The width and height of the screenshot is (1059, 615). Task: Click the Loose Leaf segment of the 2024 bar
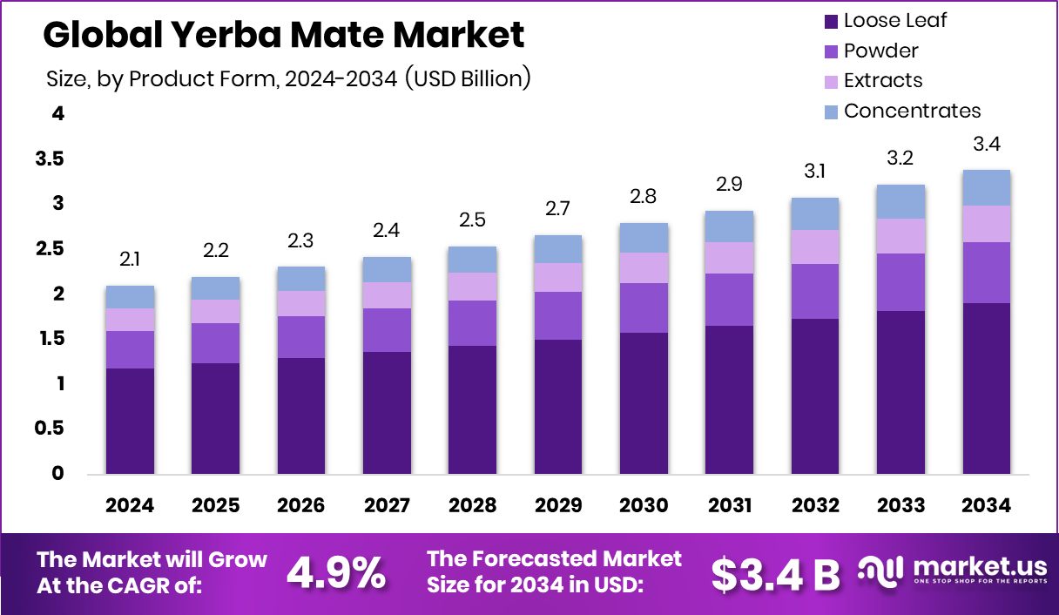point(130,421)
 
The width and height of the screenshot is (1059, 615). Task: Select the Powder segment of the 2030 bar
point(644,307)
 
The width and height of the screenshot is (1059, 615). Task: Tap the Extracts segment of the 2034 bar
point(986,224)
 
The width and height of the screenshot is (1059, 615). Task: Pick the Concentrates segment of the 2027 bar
point(387,269)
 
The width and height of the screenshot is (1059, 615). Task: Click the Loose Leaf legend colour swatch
point(830,20)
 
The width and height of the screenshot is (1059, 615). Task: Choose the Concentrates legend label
point(912,111)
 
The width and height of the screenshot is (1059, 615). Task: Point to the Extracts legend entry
point(882,80)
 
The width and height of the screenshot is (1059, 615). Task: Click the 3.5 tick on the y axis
point(50,159)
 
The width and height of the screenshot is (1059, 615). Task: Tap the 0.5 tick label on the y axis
point(50,429)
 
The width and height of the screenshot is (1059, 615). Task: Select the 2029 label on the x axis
point(558,506)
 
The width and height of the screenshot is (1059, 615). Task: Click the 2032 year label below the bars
point(815,506)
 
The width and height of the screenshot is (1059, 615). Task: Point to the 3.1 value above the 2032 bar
point(815,172)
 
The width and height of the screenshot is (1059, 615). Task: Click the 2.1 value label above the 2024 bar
point(130,260)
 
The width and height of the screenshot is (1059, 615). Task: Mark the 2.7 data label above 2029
point(558,210)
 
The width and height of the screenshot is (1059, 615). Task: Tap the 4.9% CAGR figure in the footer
point(336,572)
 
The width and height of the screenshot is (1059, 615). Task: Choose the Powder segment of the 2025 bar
point(215,343)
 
